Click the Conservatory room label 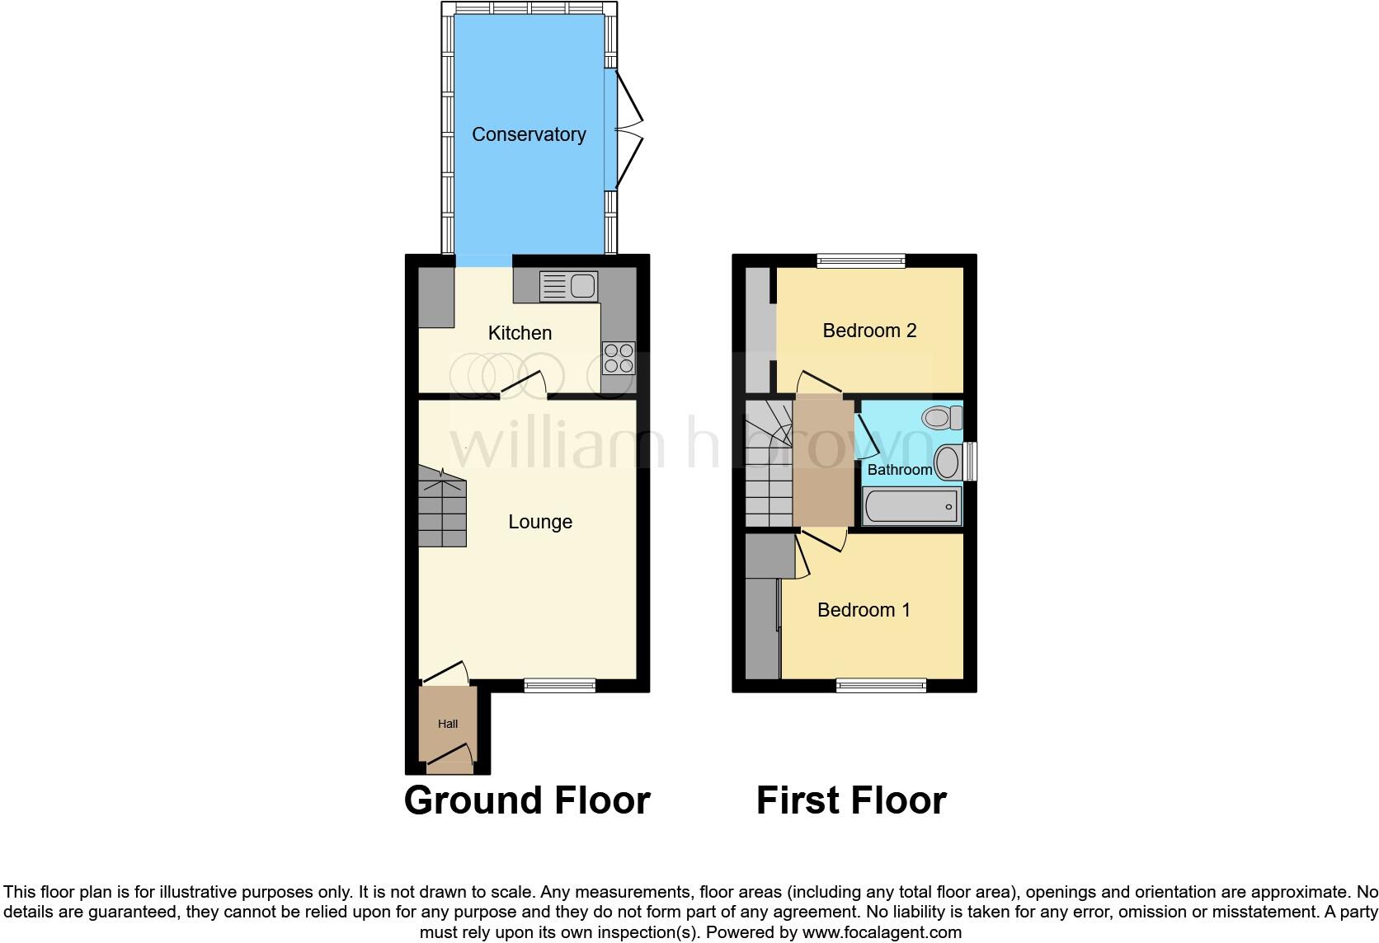coord(529,134)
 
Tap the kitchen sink coord(568,286)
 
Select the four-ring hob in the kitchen coord(619,358)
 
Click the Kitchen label coord(520,333)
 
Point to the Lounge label coord(540,522)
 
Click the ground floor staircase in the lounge coord(442,507)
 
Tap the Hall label coord(448,724)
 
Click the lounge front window coord(560,684)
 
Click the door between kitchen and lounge coord(522,385)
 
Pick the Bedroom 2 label coord(869,331)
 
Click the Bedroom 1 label coord(864,610)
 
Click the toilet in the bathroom coord(943,416)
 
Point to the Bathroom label coord(899,470)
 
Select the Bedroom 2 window coord(861,260)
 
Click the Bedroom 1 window coord(881,685)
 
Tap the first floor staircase coord(769,466)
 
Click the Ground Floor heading coord(527,800)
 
